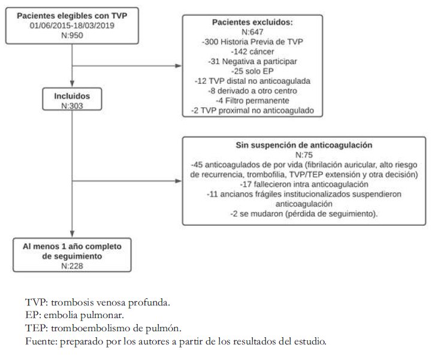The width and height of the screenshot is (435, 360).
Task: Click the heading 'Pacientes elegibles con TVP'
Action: click(x=72, y=16)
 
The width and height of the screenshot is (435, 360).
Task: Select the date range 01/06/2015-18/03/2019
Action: click(x=72, y=26)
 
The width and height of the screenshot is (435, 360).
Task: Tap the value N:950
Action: click(x=72, y=35)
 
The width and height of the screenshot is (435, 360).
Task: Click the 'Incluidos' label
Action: click(x=72, y=96)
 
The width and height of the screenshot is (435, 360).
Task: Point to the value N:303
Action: click(x=72, y=106)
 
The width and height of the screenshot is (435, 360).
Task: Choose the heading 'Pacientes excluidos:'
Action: click(x=252, y=22)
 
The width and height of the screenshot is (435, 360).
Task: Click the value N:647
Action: click(x=252, y=32)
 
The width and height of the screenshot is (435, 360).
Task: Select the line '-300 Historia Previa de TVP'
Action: click(x=252, y=42)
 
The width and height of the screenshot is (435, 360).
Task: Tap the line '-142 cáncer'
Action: click(x=252, y=52)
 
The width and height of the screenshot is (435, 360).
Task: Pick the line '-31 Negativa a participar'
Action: click(x=252, y=61)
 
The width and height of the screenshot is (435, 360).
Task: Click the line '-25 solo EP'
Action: click(x=252, y=71)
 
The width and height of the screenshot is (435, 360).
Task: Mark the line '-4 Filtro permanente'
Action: click(x=252, y=101)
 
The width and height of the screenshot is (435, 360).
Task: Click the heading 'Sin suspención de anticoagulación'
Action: click(x=304, y=145)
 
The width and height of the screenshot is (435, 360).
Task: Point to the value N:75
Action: click(x=304, y=155)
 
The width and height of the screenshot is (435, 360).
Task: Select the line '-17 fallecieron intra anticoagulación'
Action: click(x=304, y=184)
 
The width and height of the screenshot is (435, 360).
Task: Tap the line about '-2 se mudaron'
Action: click(x=304, y=214)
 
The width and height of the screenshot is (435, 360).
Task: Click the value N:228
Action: click(x=72, y=266)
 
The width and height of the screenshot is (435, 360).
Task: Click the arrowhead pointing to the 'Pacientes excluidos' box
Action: click(x=179, y=66)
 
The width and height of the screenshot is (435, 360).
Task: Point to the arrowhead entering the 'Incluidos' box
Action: click(x=72, y=84)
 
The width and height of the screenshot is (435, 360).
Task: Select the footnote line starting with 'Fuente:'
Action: click(x=176, y=341)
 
